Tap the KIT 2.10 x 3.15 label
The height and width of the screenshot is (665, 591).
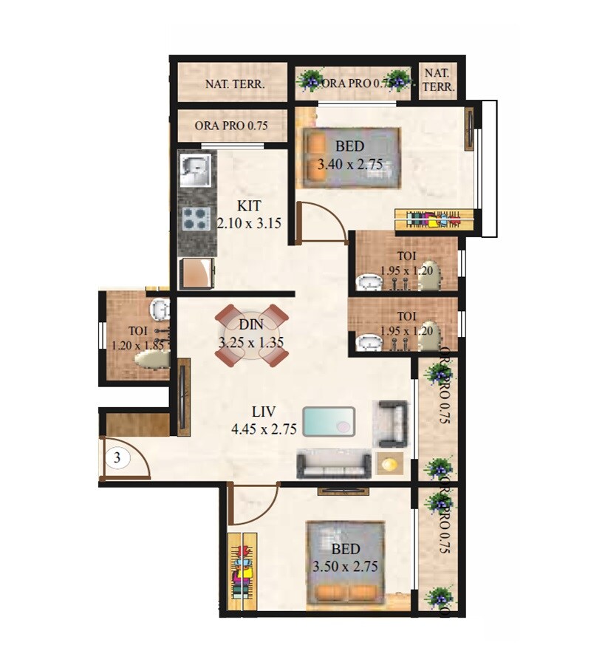[249, 214]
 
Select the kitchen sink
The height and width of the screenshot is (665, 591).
[195, 171]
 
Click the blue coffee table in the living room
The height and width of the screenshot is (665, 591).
[329, 422]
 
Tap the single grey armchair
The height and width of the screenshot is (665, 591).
[392, 423]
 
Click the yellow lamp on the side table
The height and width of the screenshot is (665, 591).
[389, 464]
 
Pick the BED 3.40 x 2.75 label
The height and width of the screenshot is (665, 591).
[349, 156]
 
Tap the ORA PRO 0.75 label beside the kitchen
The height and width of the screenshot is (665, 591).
[230, 126]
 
